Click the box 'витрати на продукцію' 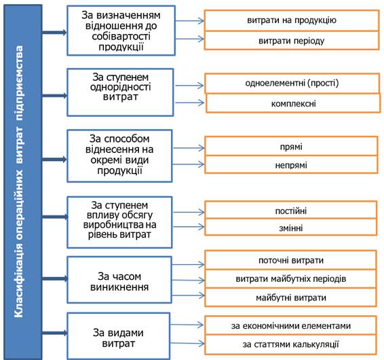click(292, 20)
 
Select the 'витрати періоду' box click(292, 41)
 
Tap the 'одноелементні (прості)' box click(292, 84)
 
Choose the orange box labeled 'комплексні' click(293, 103)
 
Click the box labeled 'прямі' click(291, 146)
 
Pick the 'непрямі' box click(291, 164)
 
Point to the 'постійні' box click(291, 210)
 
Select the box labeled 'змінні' click(291, 227)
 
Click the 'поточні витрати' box click(290, 260)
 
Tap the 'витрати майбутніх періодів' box click(290, 278)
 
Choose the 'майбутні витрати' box click(290, 298)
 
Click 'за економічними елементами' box click(290, 325)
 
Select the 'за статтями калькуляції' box click(290, 344)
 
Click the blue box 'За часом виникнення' click(119, 280)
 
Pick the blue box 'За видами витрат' click(119, 336)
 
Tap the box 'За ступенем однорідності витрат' click(120, 92)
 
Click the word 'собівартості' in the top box click(121, 36)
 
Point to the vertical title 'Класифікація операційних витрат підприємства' click(19, 181)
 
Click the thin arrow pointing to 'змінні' click(189, 227)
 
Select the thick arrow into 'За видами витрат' click(54, 333)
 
